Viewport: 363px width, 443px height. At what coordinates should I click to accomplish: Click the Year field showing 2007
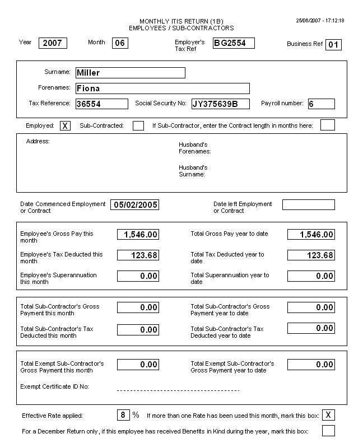click(x=53, y=43)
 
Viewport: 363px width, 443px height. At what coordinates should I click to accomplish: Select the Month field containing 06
click(x=120, y=43)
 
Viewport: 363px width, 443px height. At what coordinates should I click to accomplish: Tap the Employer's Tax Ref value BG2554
click(x=234, y=43)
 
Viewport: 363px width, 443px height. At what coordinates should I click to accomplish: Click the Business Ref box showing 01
click(x=334, y=45)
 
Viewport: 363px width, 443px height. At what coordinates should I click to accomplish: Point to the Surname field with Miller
click(x=129, y=73)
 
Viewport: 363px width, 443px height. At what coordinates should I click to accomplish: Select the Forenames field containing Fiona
click(x=162, y=88)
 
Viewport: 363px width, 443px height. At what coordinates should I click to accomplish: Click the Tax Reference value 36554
click(x=101, y=104)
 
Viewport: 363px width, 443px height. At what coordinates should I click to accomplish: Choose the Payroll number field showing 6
click(x=321, y=104)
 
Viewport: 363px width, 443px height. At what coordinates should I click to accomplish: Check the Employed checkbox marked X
click(x=65, y=126)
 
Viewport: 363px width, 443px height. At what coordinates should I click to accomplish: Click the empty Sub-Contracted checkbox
click(x=138, y=126)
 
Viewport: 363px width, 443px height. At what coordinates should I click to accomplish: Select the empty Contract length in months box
click(x=328, y=125)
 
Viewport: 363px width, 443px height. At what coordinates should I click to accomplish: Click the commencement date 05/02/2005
click(x=135, y=205)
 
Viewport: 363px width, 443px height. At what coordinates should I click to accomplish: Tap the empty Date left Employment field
click(x=308, y=205)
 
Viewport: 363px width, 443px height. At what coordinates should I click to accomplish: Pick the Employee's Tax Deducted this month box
click(x=138, y=255)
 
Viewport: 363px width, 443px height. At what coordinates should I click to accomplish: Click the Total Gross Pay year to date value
click(x=311, y=235)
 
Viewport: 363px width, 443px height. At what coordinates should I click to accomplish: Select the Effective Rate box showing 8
click(x=123, y=415)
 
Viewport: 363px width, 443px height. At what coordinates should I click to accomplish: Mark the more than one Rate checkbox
click(x=329, y=415)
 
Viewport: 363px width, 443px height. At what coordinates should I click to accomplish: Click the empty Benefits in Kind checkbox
click(x=329, y=431)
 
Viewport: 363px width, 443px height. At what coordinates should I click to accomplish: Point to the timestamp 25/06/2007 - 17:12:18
click(x=320, y=21)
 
